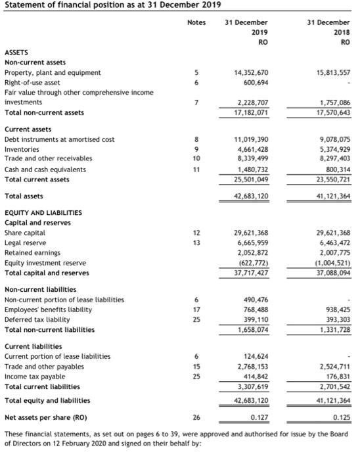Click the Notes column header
196,22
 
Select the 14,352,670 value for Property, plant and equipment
246,72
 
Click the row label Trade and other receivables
48,158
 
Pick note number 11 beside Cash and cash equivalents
196,169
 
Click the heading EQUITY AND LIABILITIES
43,213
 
